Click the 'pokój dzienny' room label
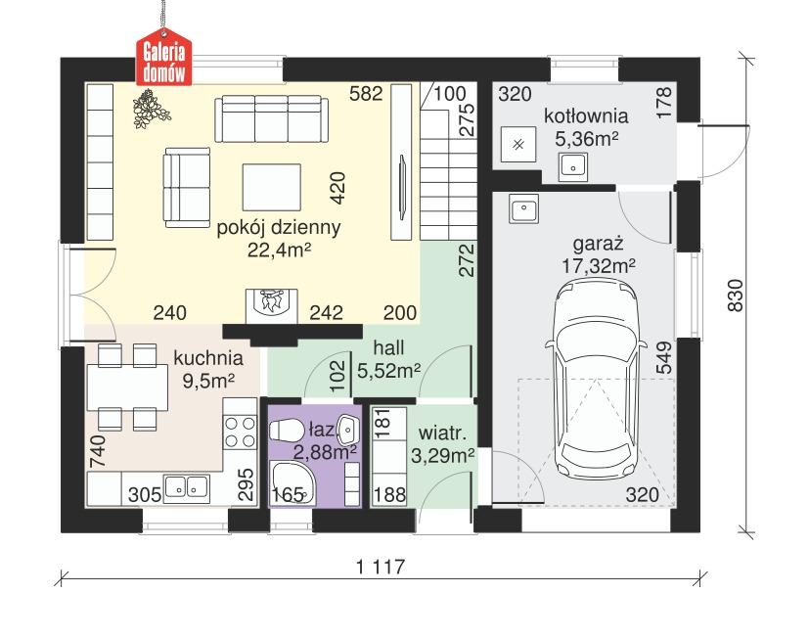click(279, 229)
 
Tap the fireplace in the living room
click(273, 304)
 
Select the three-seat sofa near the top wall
click(270, 119)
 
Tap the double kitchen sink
click(186, 485)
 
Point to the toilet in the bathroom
click(286, 432)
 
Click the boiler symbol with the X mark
click(518, 144)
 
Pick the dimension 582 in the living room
click(365, 94)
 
